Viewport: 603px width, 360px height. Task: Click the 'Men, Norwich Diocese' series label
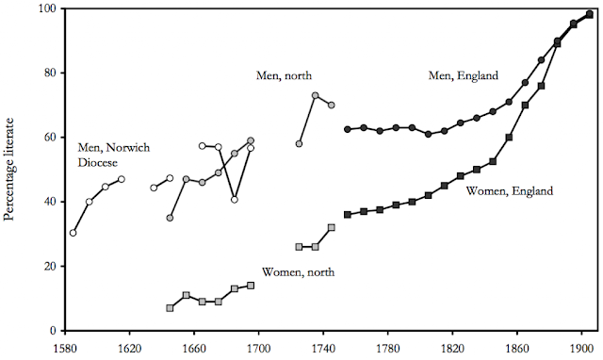114,155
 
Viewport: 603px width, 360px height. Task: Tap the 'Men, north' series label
284,75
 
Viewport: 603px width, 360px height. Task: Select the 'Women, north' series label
298,272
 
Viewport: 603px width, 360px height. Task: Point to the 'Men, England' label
464,75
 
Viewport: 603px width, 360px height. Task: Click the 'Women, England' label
510,190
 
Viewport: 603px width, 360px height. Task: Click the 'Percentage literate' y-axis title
8,170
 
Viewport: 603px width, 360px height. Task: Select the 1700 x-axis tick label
258,349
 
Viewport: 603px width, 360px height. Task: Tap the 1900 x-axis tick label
581,349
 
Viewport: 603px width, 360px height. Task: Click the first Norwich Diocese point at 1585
73,233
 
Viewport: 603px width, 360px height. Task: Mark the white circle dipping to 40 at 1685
235,200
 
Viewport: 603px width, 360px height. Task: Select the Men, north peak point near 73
316,95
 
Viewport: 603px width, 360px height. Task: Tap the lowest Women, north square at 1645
170,308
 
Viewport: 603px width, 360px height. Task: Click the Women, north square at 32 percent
332,228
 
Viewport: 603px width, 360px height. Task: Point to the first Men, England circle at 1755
348,129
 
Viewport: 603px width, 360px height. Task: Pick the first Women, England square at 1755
348,215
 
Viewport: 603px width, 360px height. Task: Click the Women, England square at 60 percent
509,138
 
